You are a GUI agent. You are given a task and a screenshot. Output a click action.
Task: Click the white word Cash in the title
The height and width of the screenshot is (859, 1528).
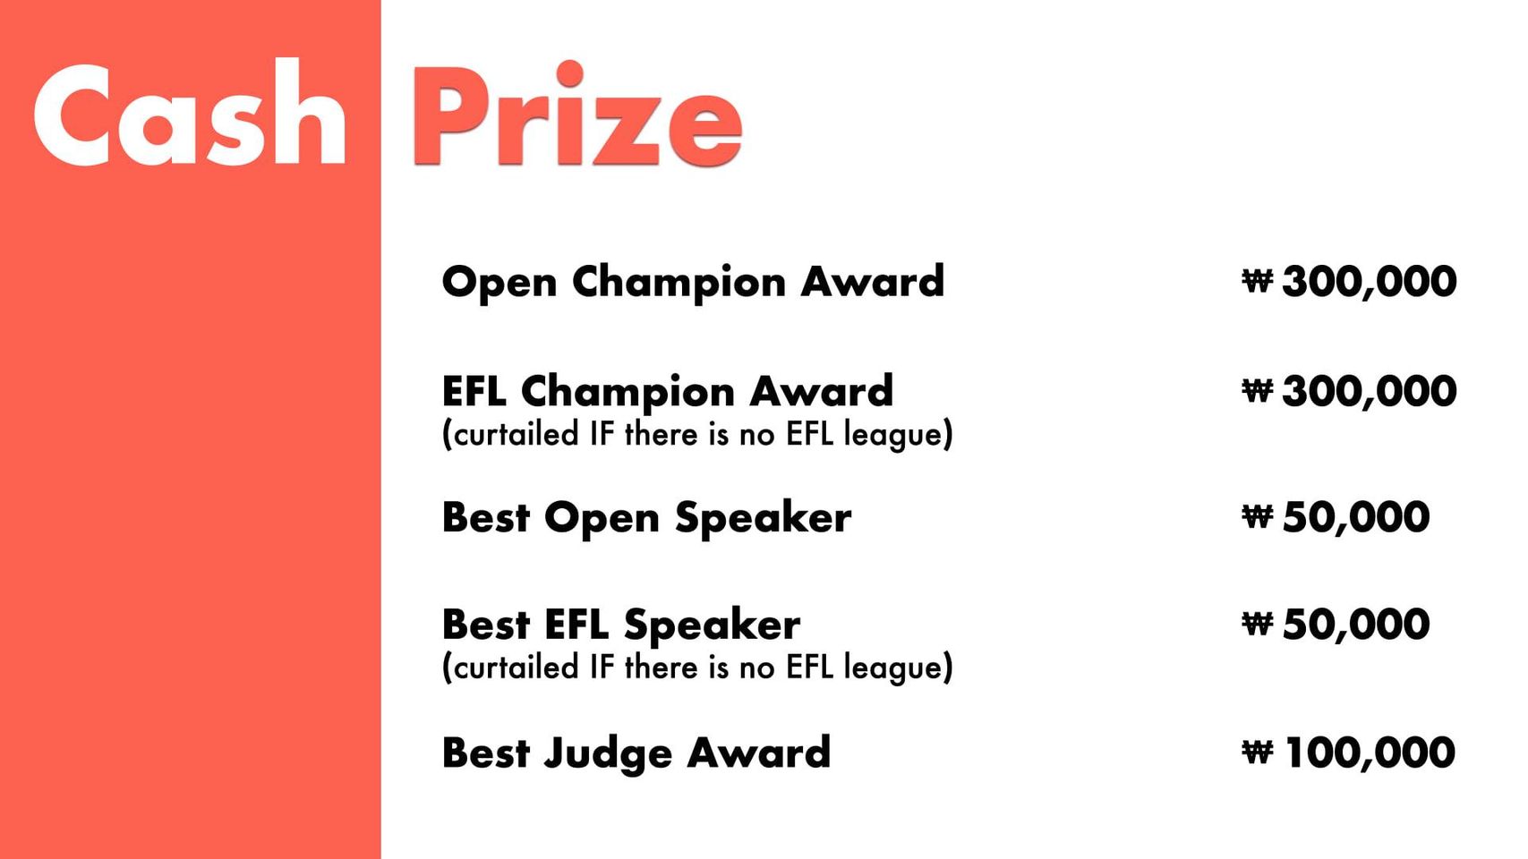(x=190, y=113)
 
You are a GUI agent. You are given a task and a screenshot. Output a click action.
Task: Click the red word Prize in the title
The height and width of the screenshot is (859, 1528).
(x=577, y=113)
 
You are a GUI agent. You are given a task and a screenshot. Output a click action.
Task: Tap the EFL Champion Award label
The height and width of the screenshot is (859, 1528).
(x=667, y=391)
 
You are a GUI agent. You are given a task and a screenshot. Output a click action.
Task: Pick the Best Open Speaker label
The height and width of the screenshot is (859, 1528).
(x=646, y=518)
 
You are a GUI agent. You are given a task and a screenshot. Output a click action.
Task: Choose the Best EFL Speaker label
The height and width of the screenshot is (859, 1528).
(x=620, y=625)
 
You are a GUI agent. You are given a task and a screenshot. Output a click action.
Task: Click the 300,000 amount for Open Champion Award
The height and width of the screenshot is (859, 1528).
(x=1369, y=282)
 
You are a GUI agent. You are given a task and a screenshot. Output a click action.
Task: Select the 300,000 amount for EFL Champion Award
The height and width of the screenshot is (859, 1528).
(x=1369, y=392)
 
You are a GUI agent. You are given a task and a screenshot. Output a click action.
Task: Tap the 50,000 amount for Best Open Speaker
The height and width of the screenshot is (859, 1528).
(x=1355, y=517)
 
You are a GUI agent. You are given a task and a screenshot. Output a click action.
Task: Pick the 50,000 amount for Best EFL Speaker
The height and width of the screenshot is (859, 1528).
(x=1355, y=625)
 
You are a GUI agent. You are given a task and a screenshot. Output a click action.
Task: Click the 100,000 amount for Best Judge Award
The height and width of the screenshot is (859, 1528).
(x=1370, y=753)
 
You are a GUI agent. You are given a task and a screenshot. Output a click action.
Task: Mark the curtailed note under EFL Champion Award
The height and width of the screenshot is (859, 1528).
(x=697, y=434)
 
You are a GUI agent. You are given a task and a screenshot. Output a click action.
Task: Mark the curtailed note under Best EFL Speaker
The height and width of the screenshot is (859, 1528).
(x=697, y=667)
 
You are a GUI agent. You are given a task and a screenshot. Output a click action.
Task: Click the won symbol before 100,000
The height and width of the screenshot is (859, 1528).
(x=1257, y=752)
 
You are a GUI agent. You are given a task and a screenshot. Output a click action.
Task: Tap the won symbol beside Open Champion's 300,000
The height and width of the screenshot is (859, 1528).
(x=1257, y=280)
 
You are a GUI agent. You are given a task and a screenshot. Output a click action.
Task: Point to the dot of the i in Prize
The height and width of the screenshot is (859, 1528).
(x=569, y=73)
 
